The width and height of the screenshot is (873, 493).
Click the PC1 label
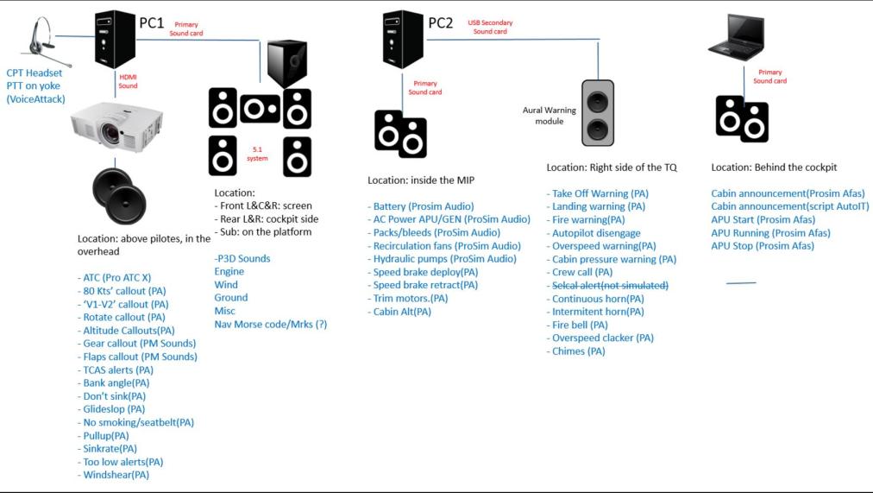[152, 22]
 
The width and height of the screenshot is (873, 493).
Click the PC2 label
[440, 22]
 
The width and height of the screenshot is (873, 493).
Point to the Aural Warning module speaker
[597, 113]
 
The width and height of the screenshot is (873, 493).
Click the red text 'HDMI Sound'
[128, 80]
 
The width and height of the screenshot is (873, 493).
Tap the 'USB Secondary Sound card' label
[489, 27]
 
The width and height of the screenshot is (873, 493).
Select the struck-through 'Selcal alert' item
[608, 286]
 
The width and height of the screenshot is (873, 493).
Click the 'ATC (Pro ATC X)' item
[116, 278]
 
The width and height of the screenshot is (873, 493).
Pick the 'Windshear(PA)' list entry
[116, 475]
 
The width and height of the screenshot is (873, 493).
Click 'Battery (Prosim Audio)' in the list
[423, 207]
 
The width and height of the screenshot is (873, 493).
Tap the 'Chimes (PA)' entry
[578, 351]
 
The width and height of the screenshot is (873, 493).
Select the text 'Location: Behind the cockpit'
[774, 167]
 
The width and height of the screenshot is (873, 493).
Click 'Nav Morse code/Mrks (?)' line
[270, 325]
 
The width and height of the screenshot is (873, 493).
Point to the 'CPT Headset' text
[35, 73]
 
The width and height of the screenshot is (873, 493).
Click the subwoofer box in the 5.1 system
[287, 64]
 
